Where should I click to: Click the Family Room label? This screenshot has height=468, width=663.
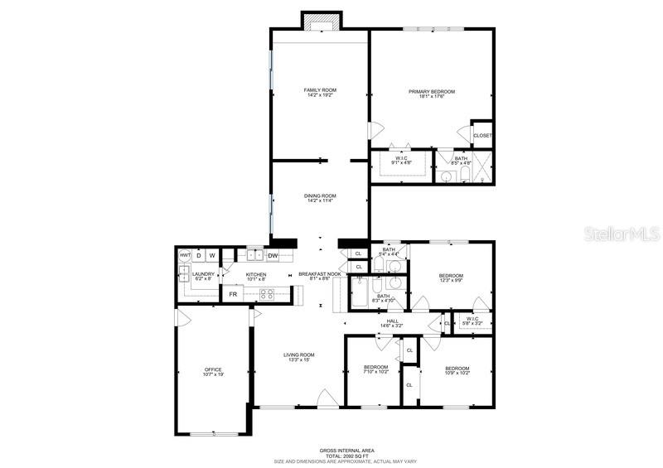click(x=319, y=89)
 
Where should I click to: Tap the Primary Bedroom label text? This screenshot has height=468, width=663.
click(x=431, y=91)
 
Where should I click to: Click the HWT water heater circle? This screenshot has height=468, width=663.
click(x=185, y=256)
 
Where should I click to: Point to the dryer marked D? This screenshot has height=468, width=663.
click(x=199, y=256)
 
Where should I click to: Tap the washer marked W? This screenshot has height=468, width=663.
click(x=212, y=256)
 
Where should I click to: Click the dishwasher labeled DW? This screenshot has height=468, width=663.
click(x=272, y=256)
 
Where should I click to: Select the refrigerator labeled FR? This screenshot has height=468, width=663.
click(x=234, y=294)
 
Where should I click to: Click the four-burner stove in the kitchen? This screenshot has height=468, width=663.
click(x=269, y=294)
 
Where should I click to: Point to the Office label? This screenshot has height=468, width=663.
click(x=214, y=369)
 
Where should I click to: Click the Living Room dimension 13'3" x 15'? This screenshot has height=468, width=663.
click(x=302, y=359)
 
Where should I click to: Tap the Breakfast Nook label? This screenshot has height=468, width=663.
click(x=320, y=274)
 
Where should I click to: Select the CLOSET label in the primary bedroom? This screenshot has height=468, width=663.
click(x=482, y=135)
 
